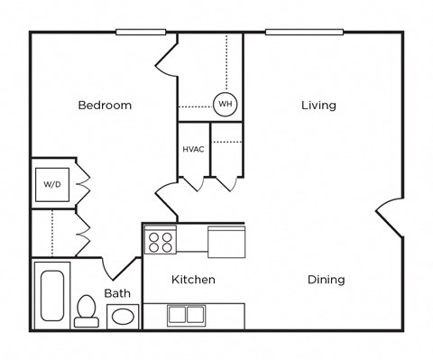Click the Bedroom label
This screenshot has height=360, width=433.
pyautogui.click(x=105, y=106)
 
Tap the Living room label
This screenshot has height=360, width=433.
pyautogui.click(x=318, y=106)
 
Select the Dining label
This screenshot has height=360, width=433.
pyautogui.click(x=326, y=280)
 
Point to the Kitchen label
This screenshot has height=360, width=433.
pyautogui.click(x=193, y=280)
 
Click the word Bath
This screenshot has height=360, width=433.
pyautogui.click(x=117, y=293)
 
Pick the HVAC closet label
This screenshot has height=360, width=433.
pyautogui.click(x=193, y=149)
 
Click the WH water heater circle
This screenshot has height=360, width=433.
pyautogui.click(x=224, y=104)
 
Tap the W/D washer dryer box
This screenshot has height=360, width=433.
pyautogui.click(x=52, y=185)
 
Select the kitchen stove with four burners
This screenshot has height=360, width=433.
pyautogui.click(x=161, y=241)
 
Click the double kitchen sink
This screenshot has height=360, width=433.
pyautogui.click(x=186, y=315)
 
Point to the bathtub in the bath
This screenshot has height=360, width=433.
pyautogui.click(x=52, y=296)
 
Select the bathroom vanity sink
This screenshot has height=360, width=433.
pyautogui.click(x=123, y=316)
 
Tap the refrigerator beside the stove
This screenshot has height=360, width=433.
pyautogui.click(x=226, y=242)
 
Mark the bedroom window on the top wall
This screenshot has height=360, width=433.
pyautogui.click(x=142, y=32)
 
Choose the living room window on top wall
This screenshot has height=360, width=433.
pyautogui.click(x=303, y=32)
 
